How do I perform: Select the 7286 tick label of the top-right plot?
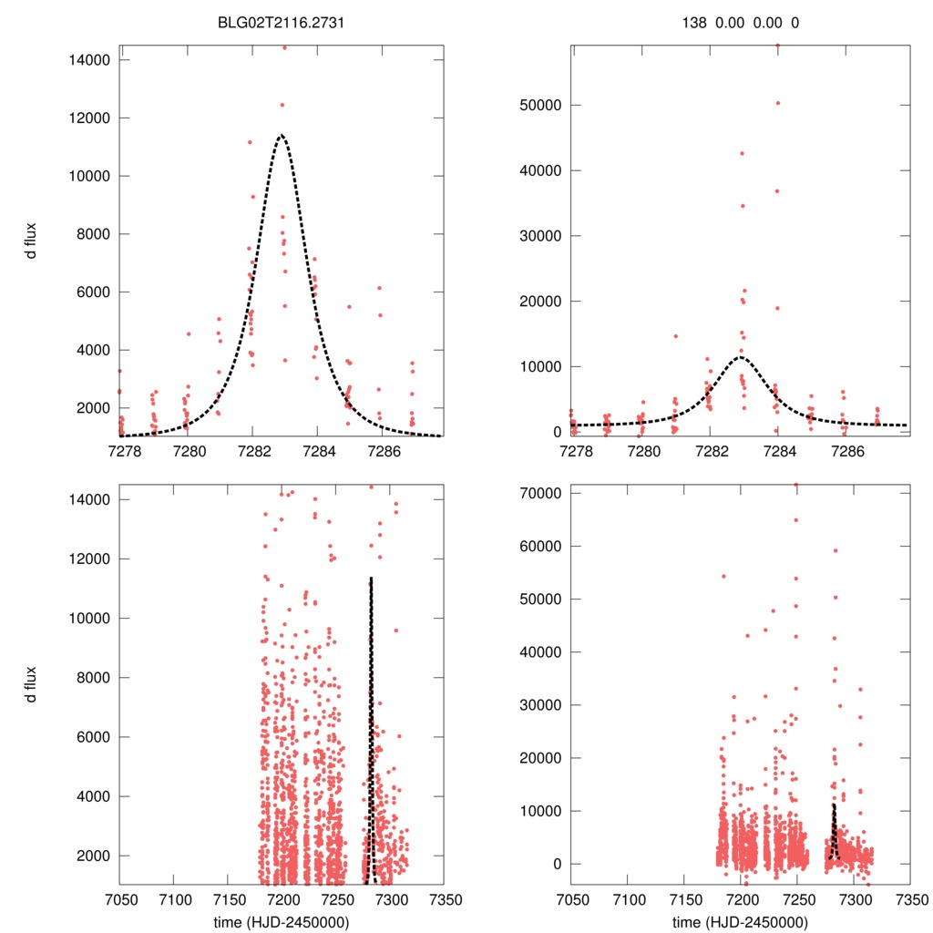click(847, 451)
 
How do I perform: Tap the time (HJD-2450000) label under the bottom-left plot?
click(281, 921)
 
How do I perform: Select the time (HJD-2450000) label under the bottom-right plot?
click(740, 921)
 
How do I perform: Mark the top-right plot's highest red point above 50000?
click(777, 45)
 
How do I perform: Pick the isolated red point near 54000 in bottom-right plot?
click(723, 576)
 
